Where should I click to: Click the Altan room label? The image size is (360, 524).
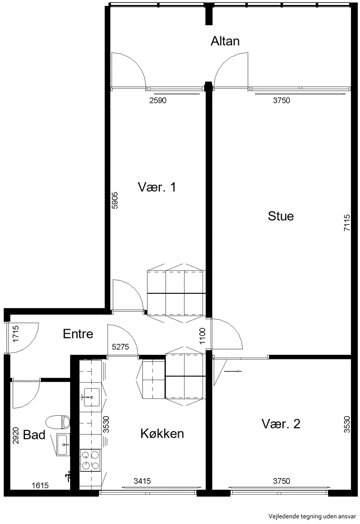coord(225,41)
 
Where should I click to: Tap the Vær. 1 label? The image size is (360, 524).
coord(157,187)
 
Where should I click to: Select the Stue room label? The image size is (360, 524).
coord(281,216)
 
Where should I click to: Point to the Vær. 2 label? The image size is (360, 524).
coord(281,424)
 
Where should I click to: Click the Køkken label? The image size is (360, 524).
coord(162,434)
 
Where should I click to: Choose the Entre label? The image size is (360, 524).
coord(78,333)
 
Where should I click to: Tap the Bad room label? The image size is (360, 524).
coord(34,435)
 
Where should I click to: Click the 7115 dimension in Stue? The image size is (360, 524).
coord(347,223)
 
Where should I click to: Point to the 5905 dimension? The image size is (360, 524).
coord(115,200)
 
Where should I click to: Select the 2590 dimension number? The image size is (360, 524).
coord(158,100)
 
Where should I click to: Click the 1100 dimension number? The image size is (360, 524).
coord(202,336)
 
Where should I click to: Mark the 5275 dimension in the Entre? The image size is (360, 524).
coord(120,347)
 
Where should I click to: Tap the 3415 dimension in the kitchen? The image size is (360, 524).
coord(142,481)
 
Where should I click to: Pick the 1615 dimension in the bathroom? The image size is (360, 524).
coord(40,485)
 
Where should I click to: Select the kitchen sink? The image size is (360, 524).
coord(92,397)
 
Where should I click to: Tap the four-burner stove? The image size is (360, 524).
coord(90,460)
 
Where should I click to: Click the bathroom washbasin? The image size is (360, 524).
coord(63,445)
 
